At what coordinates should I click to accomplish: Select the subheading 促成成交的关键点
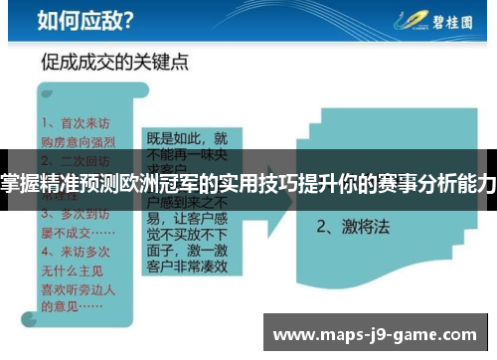115,62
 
